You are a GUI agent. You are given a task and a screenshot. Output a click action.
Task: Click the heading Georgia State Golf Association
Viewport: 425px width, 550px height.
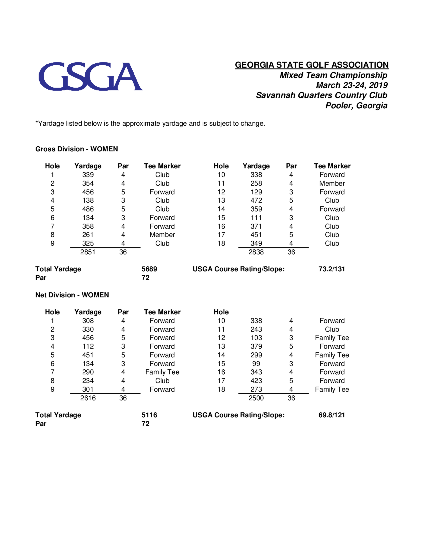(x=312, y=65)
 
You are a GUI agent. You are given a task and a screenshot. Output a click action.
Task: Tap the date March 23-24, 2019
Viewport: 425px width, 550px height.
(x=351, y=85)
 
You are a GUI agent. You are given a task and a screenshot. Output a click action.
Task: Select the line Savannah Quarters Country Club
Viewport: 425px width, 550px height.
(x=322, y=95)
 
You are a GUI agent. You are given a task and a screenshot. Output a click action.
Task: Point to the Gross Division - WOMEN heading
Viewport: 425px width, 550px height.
(x=76, y=149)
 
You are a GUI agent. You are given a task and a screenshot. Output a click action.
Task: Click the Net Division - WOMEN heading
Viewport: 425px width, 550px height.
(x=72, y=295)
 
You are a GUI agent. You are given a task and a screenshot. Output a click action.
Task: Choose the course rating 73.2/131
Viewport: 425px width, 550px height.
(x=331, y=269)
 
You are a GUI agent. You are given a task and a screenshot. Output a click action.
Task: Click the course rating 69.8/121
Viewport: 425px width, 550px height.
(x=331, y=415)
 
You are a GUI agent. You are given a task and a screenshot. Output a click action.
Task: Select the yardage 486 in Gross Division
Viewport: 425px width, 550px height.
(x=88, y=209)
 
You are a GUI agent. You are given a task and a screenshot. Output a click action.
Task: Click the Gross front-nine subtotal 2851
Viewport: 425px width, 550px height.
(x=88, y=252)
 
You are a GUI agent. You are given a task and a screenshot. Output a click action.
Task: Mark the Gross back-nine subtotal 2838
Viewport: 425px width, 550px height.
(x=256, y=252)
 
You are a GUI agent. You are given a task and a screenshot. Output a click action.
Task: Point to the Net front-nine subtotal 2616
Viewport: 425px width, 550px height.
(x=88, y=398)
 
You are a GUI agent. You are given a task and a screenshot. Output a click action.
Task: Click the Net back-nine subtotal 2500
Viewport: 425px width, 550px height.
(x=256, y=398)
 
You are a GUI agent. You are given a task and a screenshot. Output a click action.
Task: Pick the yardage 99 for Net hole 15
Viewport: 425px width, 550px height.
(x=256, y=364)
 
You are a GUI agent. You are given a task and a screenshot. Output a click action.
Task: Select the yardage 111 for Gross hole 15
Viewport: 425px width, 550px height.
(x=256, y=218)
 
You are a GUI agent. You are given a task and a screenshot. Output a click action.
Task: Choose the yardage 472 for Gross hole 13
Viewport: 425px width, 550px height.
(x=256, y=200)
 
